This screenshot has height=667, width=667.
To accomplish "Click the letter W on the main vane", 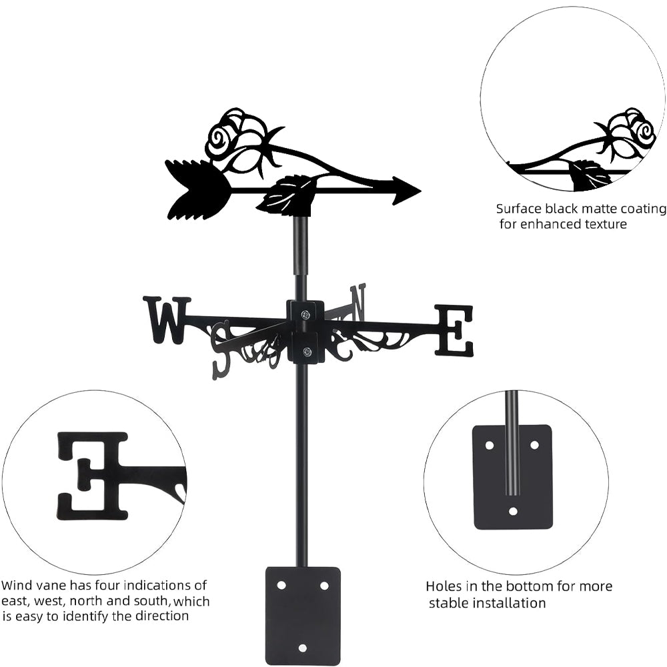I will click(x=166, y=320).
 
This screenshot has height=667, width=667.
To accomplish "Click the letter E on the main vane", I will click(x=454, y=329).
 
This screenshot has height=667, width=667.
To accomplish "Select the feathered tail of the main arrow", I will click(x=197, y=189).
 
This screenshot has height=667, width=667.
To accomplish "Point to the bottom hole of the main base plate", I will click(x=302, y=647).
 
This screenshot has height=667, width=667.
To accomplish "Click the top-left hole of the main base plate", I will click(x=281, y=585).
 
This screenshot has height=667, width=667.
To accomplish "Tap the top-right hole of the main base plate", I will click(x=324, y=585).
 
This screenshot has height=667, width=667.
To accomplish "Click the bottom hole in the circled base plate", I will click(x=512, y=512).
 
